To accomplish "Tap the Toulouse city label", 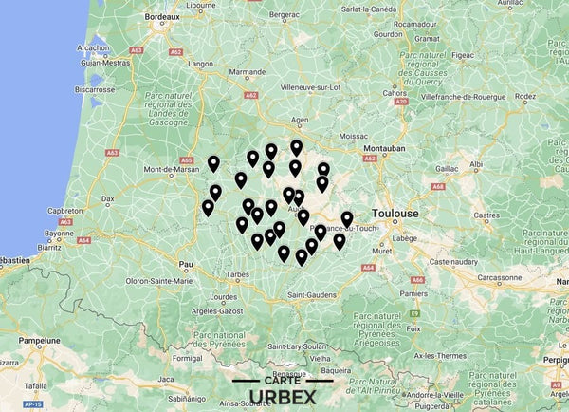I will tap(397, 214).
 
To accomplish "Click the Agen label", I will tap(301, 121).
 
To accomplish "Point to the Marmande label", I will tap(248, 72).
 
